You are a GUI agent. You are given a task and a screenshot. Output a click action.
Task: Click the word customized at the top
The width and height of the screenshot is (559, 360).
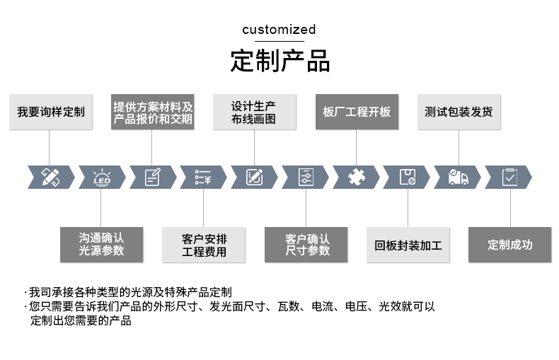279,30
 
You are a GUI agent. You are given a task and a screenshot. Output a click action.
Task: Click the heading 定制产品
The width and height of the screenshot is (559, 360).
280,61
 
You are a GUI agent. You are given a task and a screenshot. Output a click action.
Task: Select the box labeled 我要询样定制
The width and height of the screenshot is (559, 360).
51,112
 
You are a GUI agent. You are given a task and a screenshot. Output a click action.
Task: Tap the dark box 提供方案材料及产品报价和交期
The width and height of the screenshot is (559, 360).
152,112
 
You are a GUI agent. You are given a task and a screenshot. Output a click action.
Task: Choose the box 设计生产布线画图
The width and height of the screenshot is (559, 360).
254,112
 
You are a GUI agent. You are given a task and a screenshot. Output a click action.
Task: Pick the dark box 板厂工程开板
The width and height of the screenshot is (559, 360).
357,112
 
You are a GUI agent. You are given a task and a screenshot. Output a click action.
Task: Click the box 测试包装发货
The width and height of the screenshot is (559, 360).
459,112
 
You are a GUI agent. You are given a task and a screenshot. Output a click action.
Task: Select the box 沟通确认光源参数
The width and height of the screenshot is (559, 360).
101,244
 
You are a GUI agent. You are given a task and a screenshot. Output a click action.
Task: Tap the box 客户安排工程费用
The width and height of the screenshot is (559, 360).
204,245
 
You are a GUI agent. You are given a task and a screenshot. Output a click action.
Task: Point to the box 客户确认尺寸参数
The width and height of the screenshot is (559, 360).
306,245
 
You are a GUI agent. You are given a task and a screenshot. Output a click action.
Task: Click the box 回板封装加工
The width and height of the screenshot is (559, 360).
408,245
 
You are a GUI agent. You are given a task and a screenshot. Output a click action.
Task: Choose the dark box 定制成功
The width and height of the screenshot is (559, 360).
509,245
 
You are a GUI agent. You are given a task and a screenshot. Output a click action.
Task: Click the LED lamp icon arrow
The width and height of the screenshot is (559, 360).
102,177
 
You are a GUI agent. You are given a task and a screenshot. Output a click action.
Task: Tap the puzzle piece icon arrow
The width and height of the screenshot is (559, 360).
356,177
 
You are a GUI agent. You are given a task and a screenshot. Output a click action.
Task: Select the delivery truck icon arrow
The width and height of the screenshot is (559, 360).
458,177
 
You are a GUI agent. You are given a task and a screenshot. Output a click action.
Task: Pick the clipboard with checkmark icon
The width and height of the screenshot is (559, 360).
509,177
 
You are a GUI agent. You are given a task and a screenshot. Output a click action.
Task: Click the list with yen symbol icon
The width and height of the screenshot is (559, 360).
203,177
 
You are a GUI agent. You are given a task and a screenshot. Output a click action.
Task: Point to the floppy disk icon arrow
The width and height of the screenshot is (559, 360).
407,177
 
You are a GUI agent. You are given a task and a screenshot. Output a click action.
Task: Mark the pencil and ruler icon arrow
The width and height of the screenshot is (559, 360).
51,177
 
